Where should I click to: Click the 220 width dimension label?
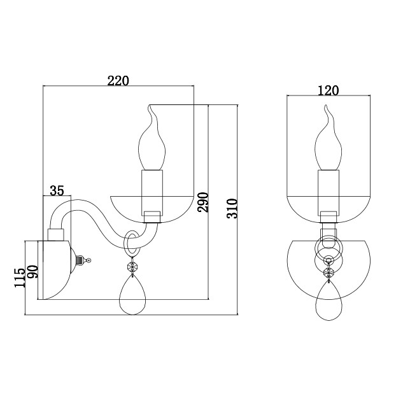[118, 81]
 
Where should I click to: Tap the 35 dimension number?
[57, 190]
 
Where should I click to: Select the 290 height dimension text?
[203, 202]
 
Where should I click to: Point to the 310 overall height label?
[232, 209]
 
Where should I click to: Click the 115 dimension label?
[20, 278]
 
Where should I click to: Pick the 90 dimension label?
[33, 271]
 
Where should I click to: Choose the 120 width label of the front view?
[328, 90]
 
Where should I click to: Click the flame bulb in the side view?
[152, 138]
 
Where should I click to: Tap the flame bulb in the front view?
[329, 138]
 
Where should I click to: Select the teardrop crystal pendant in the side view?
[132, 295]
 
